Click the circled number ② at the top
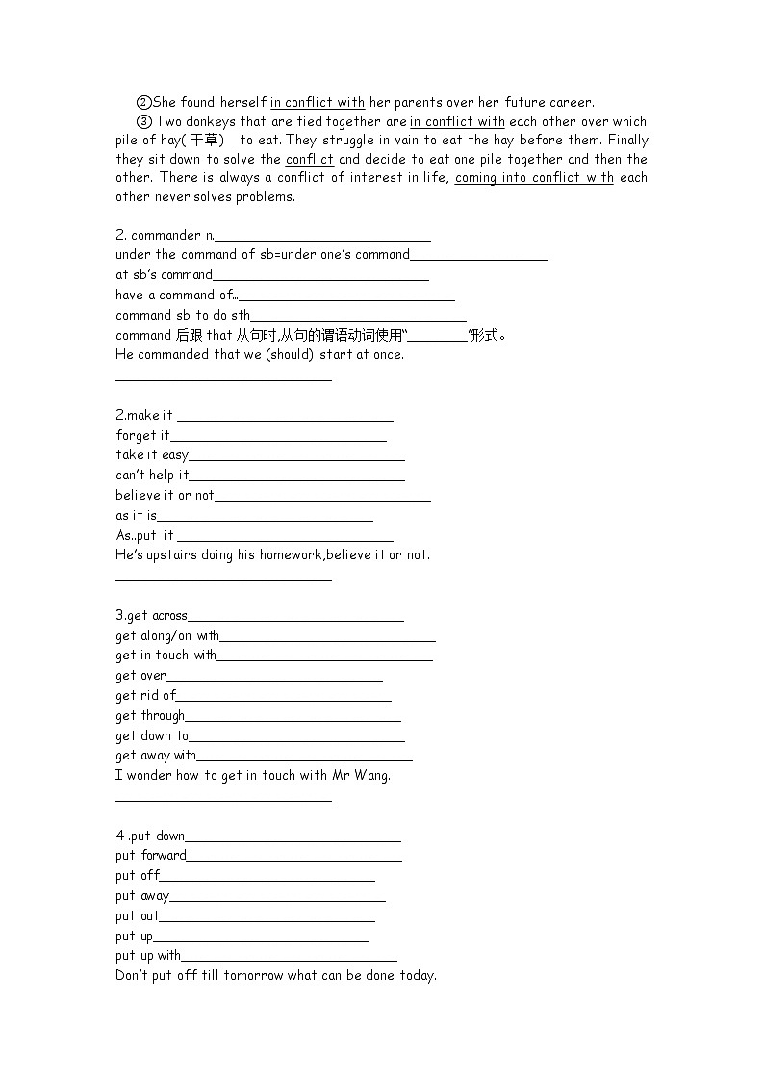[144, 102]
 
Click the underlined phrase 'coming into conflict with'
[534, 178]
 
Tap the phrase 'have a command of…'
[176, 296]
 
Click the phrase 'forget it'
[142, 435]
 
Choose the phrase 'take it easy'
[152, 455]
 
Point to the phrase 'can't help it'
[152, 475]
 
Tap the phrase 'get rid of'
[146, 696]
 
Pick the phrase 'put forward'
[151, 856]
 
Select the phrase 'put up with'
[148, 956]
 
